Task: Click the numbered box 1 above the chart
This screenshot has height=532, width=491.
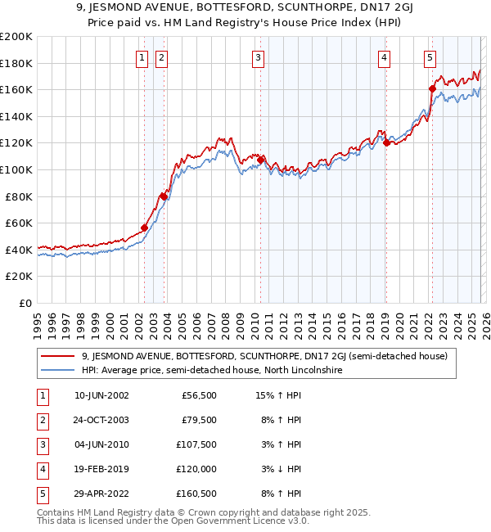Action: tap(142, 57)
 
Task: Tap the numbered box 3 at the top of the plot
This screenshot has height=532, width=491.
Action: tap(258, 57)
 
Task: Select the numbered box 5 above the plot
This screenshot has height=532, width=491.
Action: tap(430, 57)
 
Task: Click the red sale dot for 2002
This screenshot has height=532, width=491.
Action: tap(145, 228)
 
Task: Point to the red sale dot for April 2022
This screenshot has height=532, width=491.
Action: tap(432, 88)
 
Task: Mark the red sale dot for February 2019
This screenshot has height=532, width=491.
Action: tap(386, 142)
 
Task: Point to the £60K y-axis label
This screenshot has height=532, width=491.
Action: tap(18, 223)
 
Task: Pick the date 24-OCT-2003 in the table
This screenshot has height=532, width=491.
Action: tap(101, 421)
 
